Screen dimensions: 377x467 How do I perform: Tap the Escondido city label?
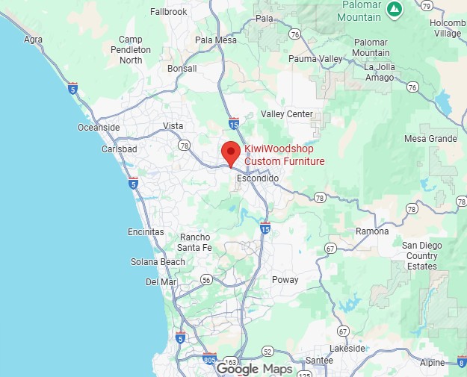(257, 179)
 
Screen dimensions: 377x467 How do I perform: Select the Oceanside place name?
(99, 128)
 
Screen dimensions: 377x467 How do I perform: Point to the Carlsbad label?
(119, 149)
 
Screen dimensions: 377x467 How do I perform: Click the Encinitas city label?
(146, 232)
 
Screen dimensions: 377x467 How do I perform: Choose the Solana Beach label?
(158, 262)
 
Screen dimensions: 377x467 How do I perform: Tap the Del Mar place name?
(161, 281)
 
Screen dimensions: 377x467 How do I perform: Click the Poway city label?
(285, 280)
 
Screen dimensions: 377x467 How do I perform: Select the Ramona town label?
(371, 231)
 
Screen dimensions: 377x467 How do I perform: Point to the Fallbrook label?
(169, 12)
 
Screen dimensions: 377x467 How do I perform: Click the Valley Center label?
(287, 114)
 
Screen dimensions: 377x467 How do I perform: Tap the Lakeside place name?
(348, 348)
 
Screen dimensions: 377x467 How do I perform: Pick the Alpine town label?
(432, 362)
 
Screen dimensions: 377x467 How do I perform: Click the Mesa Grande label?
(430, 139)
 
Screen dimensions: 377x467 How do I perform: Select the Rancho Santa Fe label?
(195, 243)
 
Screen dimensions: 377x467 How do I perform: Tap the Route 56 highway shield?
(206, 280)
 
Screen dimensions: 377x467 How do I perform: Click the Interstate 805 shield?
(209, 359)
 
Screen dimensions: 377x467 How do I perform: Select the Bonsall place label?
(182, 69)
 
